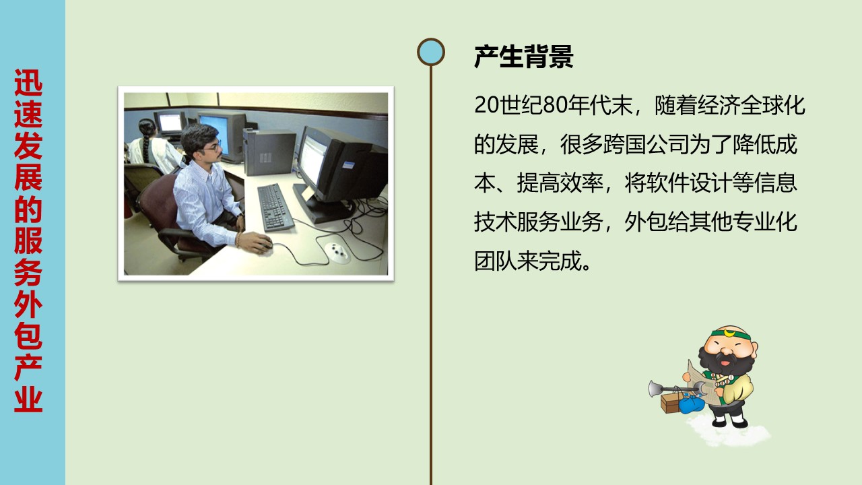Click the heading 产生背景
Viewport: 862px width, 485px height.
click(524, 57)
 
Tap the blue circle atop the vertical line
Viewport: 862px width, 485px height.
click(430, 52)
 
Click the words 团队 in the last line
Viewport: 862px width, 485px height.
click(495, 261)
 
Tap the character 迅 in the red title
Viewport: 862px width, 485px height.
click(28, 83)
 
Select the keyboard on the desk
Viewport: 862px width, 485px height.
click(275, 207)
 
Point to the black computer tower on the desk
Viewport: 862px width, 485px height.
click(269, 152)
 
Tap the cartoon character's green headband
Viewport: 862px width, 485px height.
click(731, 334)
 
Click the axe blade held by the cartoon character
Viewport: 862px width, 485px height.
click(655, 389)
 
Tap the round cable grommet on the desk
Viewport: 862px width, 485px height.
click(337, 252)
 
